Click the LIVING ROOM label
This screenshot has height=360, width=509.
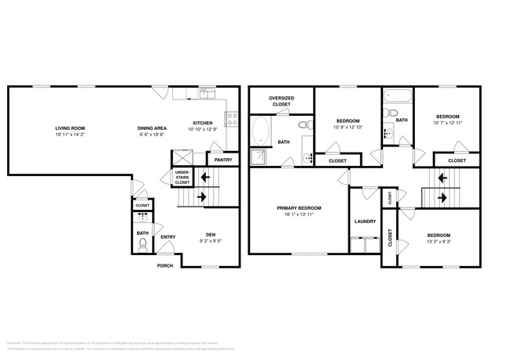70,128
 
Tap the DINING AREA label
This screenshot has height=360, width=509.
151,128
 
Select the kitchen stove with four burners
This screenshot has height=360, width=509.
232,119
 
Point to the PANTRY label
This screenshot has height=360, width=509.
222,160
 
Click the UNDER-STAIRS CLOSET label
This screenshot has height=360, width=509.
182,177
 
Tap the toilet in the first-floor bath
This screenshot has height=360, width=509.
142,245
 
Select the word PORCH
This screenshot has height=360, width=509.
165,265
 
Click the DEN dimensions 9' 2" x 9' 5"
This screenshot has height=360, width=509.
210,240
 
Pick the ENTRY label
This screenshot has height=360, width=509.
168,236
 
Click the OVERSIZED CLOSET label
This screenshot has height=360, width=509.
280,101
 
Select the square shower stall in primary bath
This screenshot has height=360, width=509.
259,158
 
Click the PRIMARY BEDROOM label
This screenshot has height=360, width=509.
298,207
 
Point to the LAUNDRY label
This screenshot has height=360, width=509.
365,221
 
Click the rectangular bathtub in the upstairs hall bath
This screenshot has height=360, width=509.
393,98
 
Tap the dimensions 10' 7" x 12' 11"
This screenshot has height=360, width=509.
447,122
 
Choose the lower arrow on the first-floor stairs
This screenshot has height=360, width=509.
204,198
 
